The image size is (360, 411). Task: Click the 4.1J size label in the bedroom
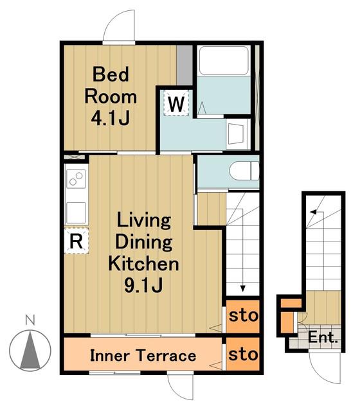(x=110, y=119)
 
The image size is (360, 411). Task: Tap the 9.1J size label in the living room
(x=143, y=285)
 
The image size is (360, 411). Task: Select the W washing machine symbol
(x=176, y=103)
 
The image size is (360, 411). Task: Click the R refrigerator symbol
(x=76, y=241)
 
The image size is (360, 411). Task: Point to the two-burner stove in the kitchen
(x=76, y=179)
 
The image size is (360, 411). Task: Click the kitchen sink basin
(x=76, y=213)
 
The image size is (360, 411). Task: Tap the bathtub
(x=224, y=60)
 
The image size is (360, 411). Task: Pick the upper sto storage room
(x=243, y=316)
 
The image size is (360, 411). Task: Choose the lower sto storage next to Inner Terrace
(x=243, y=354)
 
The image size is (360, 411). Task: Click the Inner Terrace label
(x=143, y=356)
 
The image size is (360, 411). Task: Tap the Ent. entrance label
(x=323, y=337)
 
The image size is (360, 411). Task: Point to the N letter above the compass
(x=30, y=320)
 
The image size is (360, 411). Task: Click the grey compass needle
(x=30, y=349)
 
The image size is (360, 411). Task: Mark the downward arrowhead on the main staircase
(x=243, y=288)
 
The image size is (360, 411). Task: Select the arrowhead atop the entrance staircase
(x=313, y=212)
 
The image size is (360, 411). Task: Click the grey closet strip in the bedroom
(x=184, y=66)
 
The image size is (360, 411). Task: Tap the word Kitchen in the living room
(x=143, y=263)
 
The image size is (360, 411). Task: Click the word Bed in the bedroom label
(x=111, y=74)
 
